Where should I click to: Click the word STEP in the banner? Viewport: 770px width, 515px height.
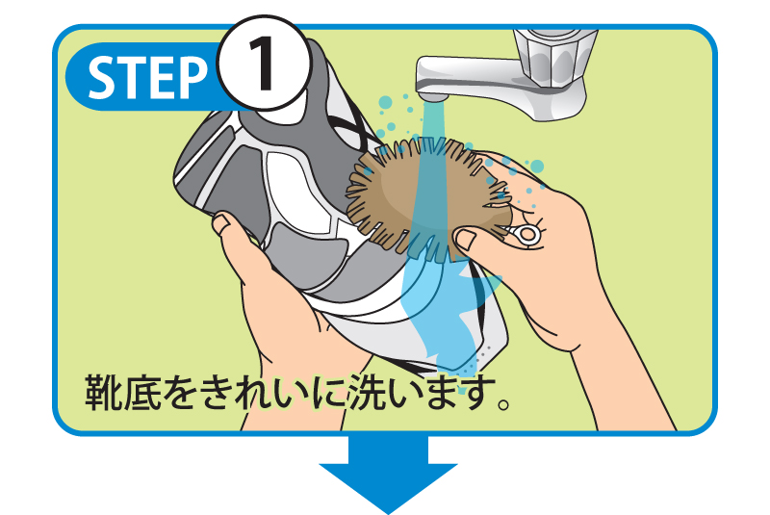(147, 77)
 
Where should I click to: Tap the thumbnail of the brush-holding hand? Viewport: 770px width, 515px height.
(466, 239)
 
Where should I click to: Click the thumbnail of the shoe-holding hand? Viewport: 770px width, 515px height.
(220, 224)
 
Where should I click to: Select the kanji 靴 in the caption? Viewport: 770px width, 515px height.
(104, 393)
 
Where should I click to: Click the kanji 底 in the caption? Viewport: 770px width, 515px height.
(142, 393)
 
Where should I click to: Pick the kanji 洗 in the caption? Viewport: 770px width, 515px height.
(367, 393)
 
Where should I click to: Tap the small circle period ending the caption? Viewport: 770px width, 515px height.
(503, 404)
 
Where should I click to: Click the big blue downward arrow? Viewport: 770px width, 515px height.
(389, 472)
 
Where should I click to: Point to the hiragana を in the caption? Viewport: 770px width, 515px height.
(180, 394)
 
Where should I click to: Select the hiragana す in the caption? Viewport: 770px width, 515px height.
(478, 393)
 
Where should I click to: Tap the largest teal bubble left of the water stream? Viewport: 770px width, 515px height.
(386, 103)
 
